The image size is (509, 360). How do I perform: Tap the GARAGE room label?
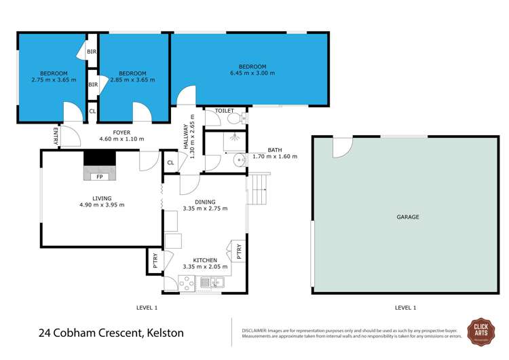click(x=407, y=217)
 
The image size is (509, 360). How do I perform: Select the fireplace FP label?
click(x=99, y=177)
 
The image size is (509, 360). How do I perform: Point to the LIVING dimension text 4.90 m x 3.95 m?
click(x=102, y=204)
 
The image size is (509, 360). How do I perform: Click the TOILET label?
click(x=224, y=111)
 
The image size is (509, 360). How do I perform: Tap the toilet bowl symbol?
click(x=234, y=118)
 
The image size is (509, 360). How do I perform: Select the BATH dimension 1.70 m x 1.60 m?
click(x=274, y=156)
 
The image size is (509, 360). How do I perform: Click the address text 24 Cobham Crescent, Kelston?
click(x=111, y=334)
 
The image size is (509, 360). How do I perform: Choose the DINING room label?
click(x=204, y=202)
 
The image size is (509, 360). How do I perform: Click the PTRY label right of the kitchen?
click(x=238, y=251)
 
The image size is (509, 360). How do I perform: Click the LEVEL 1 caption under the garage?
click(x=405, y=308)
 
